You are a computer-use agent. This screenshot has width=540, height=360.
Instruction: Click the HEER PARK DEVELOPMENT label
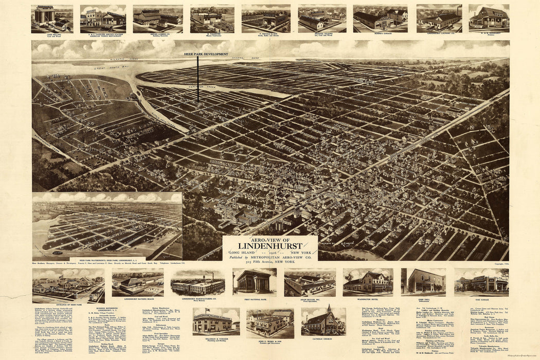pyautogui.click(x=206, y=54)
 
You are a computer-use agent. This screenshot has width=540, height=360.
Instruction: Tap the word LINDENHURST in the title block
pyautogui.click(x=270, y=245)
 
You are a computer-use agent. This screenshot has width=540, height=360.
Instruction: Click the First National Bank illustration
pyautogui.click(x=254, y=281)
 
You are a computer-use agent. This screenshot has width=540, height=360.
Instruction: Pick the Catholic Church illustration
pyautogui.click(x=323, y=321)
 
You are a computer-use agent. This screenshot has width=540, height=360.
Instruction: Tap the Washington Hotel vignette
pyautogui.click(x=368, y=281)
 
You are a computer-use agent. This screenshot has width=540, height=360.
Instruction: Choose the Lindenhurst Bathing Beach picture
pyautogui.click(x=137, y=282)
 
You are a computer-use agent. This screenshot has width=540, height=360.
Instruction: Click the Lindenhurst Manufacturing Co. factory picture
pyautogui.click(x=197, y=282)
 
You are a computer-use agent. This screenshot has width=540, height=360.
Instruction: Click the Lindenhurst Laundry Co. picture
pyautogui.click(x=439, y=19)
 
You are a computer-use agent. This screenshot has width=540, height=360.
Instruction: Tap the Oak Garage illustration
pyautogui.click(x=481, y=282)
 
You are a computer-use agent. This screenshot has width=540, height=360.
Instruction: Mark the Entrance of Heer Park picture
pyautogui.click(x=68, y=285)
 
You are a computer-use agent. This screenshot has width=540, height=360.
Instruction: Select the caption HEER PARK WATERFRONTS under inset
pyautogui.click(x=107, y=260)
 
